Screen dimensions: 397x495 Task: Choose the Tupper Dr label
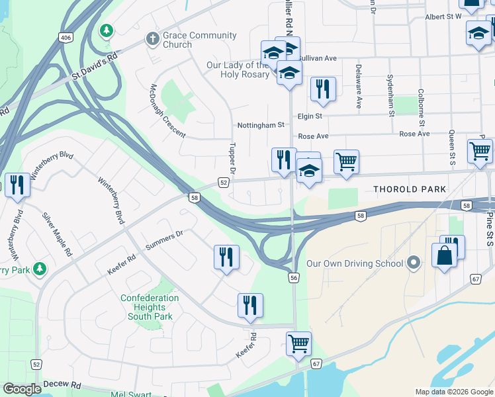point(231,157)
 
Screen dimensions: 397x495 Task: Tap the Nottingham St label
point(261,124)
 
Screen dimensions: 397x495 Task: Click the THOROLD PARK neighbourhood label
point(410,189)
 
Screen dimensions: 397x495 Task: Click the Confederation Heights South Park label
point(150,307)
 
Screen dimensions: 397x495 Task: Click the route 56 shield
point(293,279)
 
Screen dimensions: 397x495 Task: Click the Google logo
point(22,389)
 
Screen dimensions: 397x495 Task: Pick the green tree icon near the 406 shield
point(106,30)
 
